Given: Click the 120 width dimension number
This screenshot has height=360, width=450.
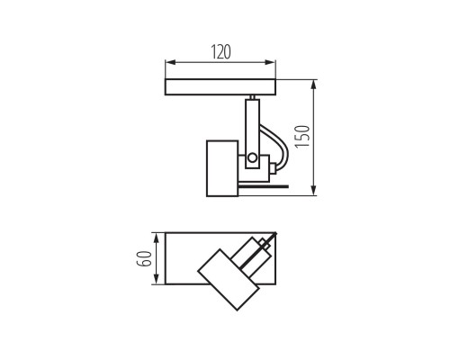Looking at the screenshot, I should (220, 52).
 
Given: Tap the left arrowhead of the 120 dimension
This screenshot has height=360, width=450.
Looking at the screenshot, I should (168, 64).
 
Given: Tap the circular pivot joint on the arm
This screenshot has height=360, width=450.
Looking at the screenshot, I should (253, 158).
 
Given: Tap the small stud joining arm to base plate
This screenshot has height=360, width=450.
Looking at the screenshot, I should (252, 98).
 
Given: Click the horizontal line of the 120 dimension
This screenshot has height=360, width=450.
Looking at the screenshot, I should (220, 64).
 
